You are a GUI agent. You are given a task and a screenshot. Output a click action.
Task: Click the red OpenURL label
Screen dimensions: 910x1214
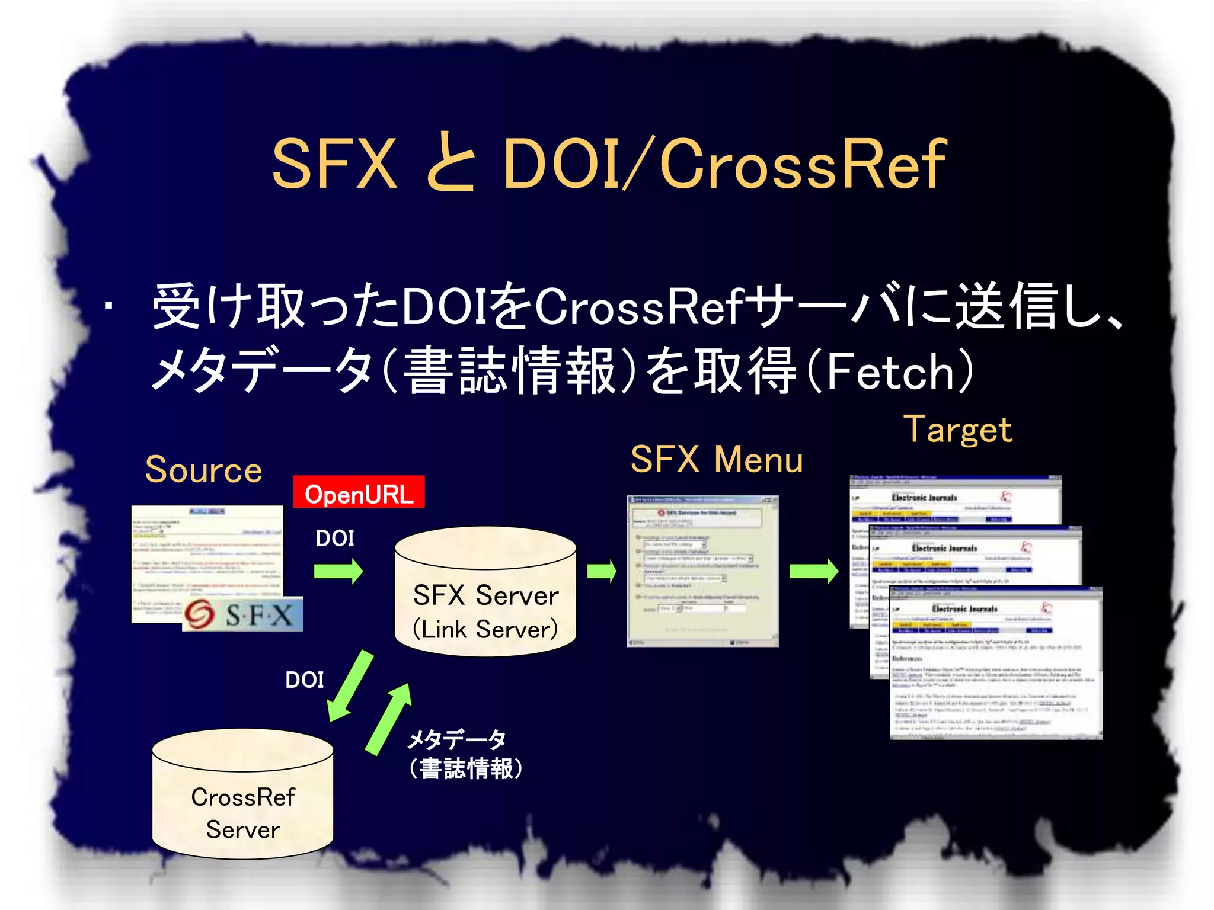coord(359,493)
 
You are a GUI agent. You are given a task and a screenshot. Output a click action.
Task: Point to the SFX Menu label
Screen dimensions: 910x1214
coord(716,460)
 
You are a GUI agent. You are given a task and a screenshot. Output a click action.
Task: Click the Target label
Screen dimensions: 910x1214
coord(958,430)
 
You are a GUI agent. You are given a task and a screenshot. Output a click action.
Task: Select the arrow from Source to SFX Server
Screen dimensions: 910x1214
coord(338,572)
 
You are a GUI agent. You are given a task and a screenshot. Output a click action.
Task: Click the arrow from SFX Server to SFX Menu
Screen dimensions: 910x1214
coord(601,572)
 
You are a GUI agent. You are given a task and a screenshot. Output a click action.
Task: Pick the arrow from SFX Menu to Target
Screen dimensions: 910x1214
coord(814,572)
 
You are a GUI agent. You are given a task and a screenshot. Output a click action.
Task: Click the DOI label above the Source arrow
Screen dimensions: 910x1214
coord(335,538)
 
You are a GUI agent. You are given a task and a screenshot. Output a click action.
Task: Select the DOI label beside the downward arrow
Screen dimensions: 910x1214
coord(305,680)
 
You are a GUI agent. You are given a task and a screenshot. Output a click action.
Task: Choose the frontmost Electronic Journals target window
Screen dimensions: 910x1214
coord(996,662)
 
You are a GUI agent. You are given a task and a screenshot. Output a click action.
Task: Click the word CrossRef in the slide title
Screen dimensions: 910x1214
coord(803,164)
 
